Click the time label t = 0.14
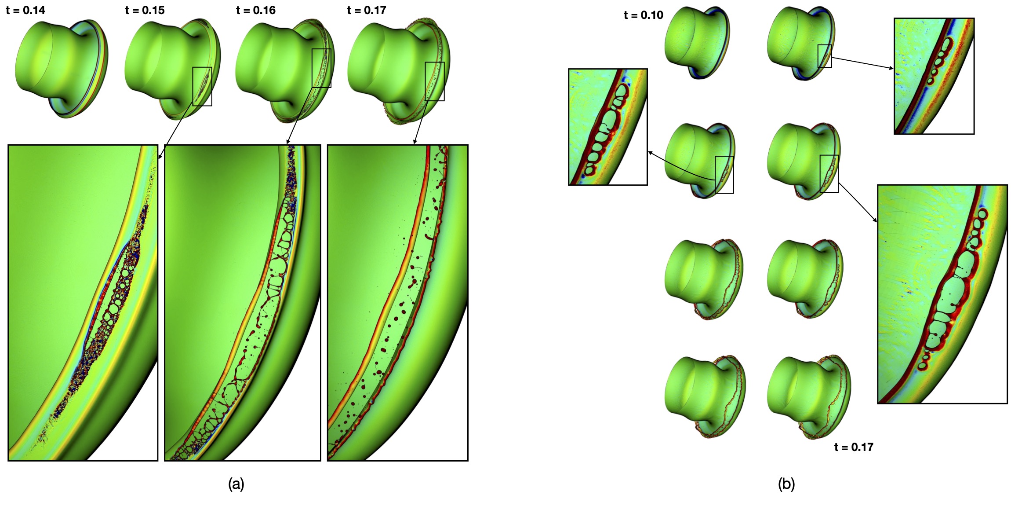[25, 10]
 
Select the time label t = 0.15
[145, 10]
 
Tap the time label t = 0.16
[255, 10]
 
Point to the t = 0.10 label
[643, 15]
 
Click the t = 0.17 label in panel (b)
[854, 447]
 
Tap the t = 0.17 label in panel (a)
[366, 10]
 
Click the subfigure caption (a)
[236, 484]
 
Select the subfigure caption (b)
[786, 484]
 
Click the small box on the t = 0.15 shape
[202, 86]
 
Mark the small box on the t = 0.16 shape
[321, 68]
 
